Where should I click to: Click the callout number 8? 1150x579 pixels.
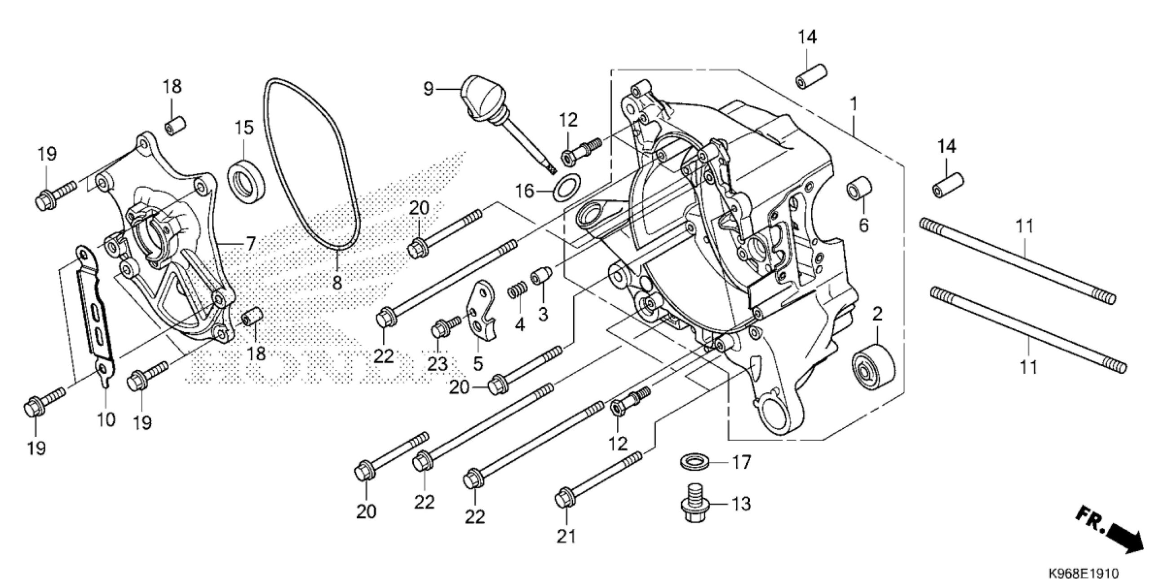click(337, 282)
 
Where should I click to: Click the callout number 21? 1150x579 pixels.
click(566, 536)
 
